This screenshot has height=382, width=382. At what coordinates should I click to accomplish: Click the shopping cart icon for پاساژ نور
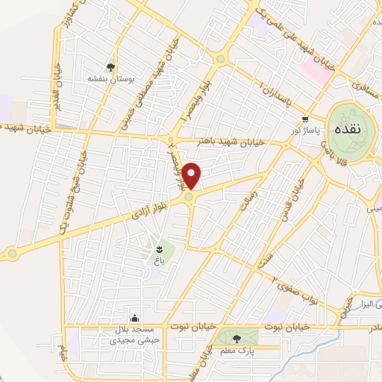(304, 120)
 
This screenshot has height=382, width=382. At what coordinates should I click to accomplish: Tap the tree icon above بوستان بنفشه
(110, 66)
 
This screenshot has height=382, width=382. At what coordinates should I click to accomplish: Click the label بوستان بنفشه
(110, 78)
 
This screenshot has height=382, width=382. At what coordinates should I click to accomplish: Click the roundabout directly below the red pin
(190, 197)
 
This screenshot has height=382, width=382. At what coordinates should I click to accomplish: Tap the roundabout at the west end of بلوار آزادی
(12, 254)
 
